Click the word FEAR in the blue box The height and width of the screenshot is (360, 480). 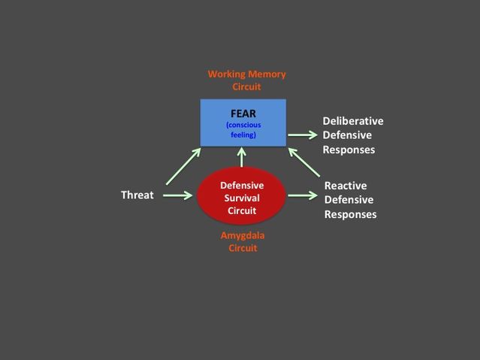[243, 113]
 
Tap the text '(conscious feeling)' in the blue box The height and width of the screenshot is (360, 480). [243, 129]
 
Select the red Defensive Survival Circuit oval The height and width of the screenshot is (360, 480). [242, 197]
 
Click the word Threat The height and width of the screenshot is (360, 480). [137, 195]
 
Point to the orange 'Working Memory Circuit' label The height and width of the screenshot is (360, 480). [246, 80]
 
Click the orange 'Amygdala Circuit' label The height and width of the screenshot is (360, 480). [242, 241]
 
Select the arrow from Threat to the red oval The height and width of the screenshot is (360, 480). [178, 195]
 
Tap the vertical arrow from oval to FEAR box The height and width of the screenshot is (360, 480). [242, 156]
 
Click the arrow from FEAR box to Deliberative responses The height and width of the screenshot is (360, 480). [302, 135]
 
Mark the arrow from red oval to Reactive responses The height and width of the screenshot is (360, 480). [302, 195]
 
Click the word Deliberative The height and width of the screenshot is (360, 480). [353, 121]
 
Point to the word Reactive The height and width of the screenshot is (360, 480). [345, 186]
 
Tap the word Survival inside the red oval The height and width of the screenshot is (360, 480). [242, 198]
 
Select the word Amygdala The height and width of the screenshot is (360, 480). [242, 235]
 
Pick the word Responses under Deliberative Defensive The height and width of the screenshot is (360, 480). [349, 150]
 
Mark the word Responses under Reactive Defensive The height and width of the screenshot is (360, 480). [350, 214]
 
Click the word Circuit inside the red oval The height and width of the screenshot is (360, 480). [242, 210]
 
